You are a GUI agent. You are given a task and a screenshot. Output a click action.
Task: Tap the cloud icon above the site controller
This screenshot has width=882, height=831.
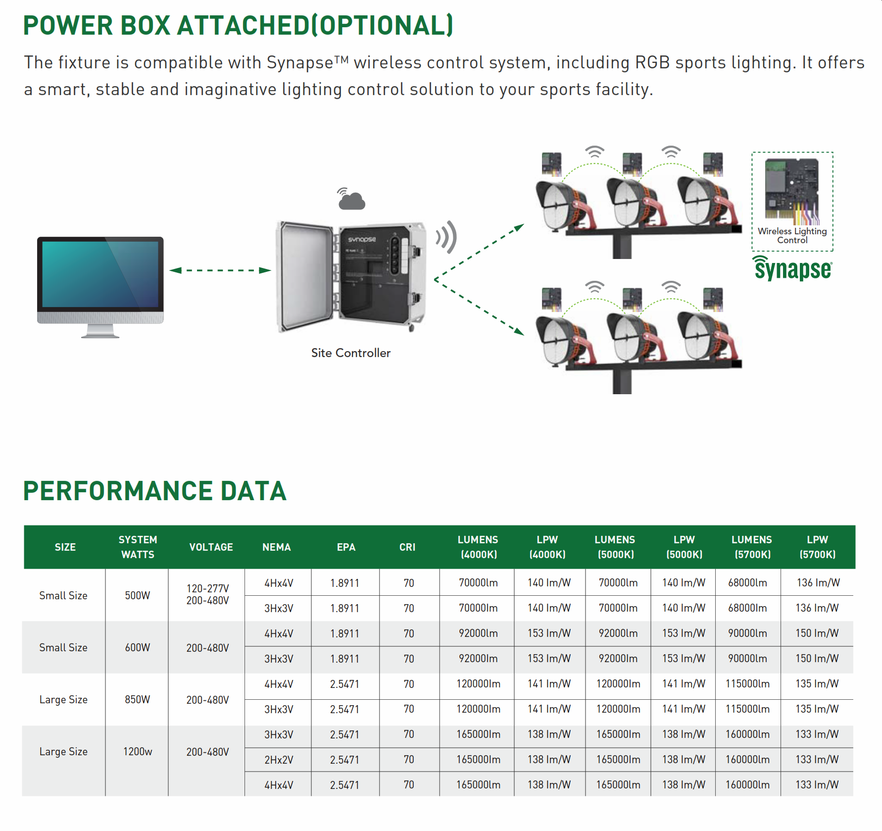click(352, 200)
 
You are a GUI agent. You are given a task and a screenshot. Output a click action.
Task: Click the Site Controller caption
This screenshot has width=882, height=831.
click(350, 353)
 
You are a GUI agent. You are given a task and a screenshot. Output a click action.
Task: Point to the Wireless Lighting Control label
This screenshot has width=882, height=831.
click(792, 236)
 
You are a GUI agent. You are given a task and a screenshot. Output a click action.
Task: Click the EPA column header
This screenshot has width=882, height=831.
click(346, 547)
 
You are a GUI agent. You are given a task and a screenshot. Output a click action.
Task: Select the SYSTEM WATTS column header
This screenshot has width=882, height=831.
click(138, 547)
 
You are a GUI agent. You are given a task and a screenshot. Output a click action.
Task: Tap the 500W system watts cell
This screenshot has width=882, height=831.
click(137, 595)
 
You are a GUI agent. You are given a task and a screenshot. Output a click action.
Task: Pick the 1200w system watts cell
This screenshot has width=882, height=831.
click(137, 752)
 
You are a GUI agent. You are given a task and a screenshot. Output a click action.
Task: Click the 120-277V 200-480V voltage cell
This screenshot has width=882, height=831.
click(207, 595)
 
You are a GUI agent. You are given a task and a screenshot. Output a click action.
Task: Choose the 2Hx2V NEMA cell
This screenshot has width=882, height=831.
click(279, 760)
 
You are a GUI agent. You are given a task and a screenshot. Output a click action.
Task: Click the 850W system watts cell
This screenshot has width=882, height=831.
click(137, 700)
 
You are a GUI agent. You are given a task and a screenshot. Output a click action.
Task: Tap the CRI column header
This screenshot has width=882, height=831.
click(407, 547)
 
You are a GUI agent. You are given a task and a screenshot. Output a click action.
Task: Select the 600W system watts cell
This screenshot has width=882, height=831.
click(137, 648)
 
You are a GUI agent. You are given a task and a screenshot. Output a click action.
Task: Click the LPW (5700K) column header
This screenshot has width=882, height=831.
click(817, 547)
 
